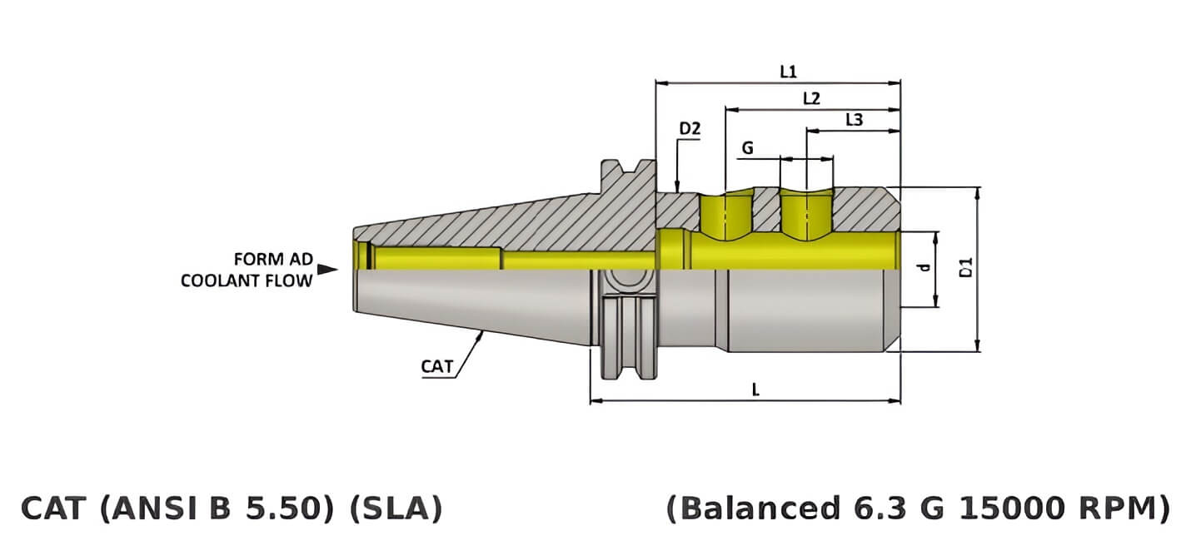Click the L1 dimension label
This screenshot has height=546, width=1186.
tap(788, 72)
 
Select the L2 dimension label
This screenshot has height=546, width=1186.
tap(811, 98)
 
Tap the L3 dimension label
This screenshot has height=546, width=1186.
tap(854, 120)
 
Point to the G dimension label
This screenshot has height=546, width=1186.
tap(747, 147)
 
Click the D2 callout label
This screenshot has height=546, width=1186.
tap(690, 129)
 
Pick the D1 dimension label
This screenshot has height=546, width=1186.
tap(966, 268)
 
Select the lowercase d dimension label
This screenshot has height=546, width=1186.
tap(923, 268)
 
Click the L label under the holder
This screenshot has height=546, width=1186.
tap(755, 390)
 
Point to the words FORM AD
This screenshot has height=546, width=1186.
tap(272, 258)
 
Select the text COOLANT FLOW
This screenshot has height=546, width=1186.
tap(247, 280)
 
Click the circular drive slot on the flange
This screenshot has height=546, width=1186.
tap(620, 281)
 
